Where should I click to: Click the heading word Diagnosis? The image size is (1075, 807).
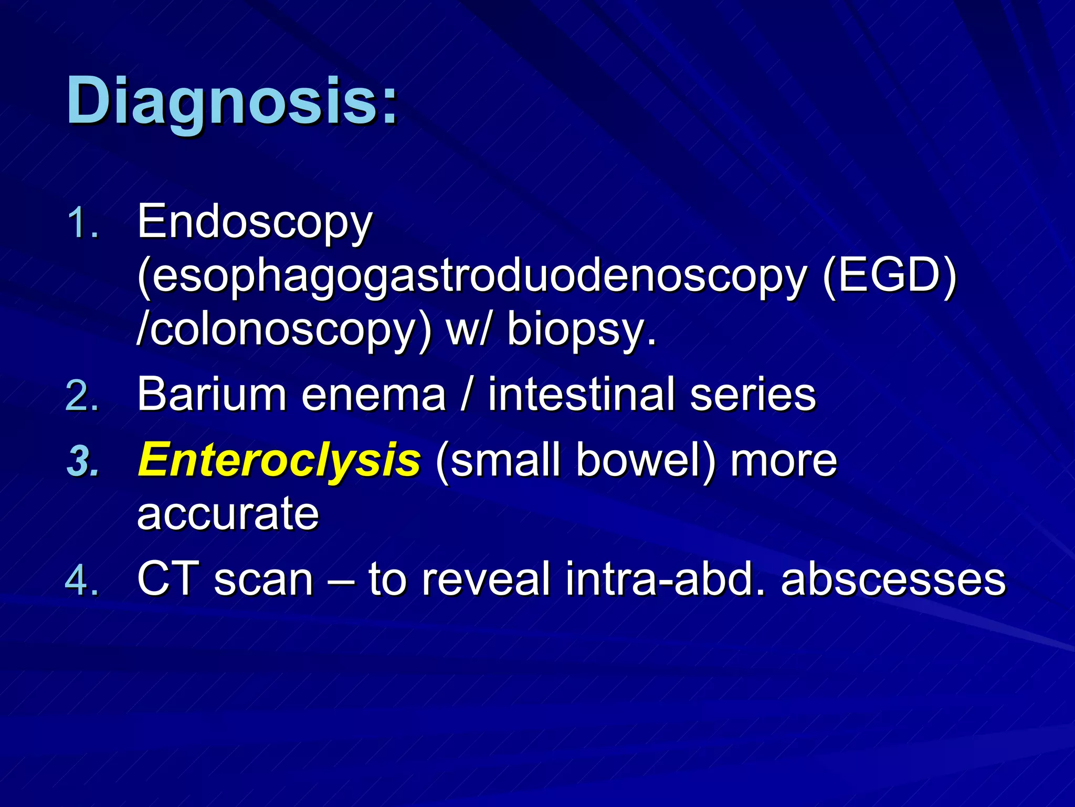click(231, 101)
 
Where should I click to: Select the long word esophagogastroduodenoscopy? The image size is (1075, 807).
click(472, 277)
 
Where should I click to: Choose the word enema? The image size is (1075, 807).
click(373, 395)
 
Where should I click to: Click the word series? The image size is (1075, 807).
click(753, 395)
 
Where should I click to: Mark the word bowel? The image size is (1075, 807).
click(646, 460)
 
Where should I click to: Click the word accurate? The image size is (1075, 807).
click(228, 514)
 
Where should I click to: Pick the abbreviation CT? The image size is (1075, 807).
click(168, 579)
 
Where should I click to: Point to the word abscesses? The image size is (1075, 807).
click(893, 579)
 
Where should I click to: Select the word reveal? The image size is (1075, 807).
click(486, 579)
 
